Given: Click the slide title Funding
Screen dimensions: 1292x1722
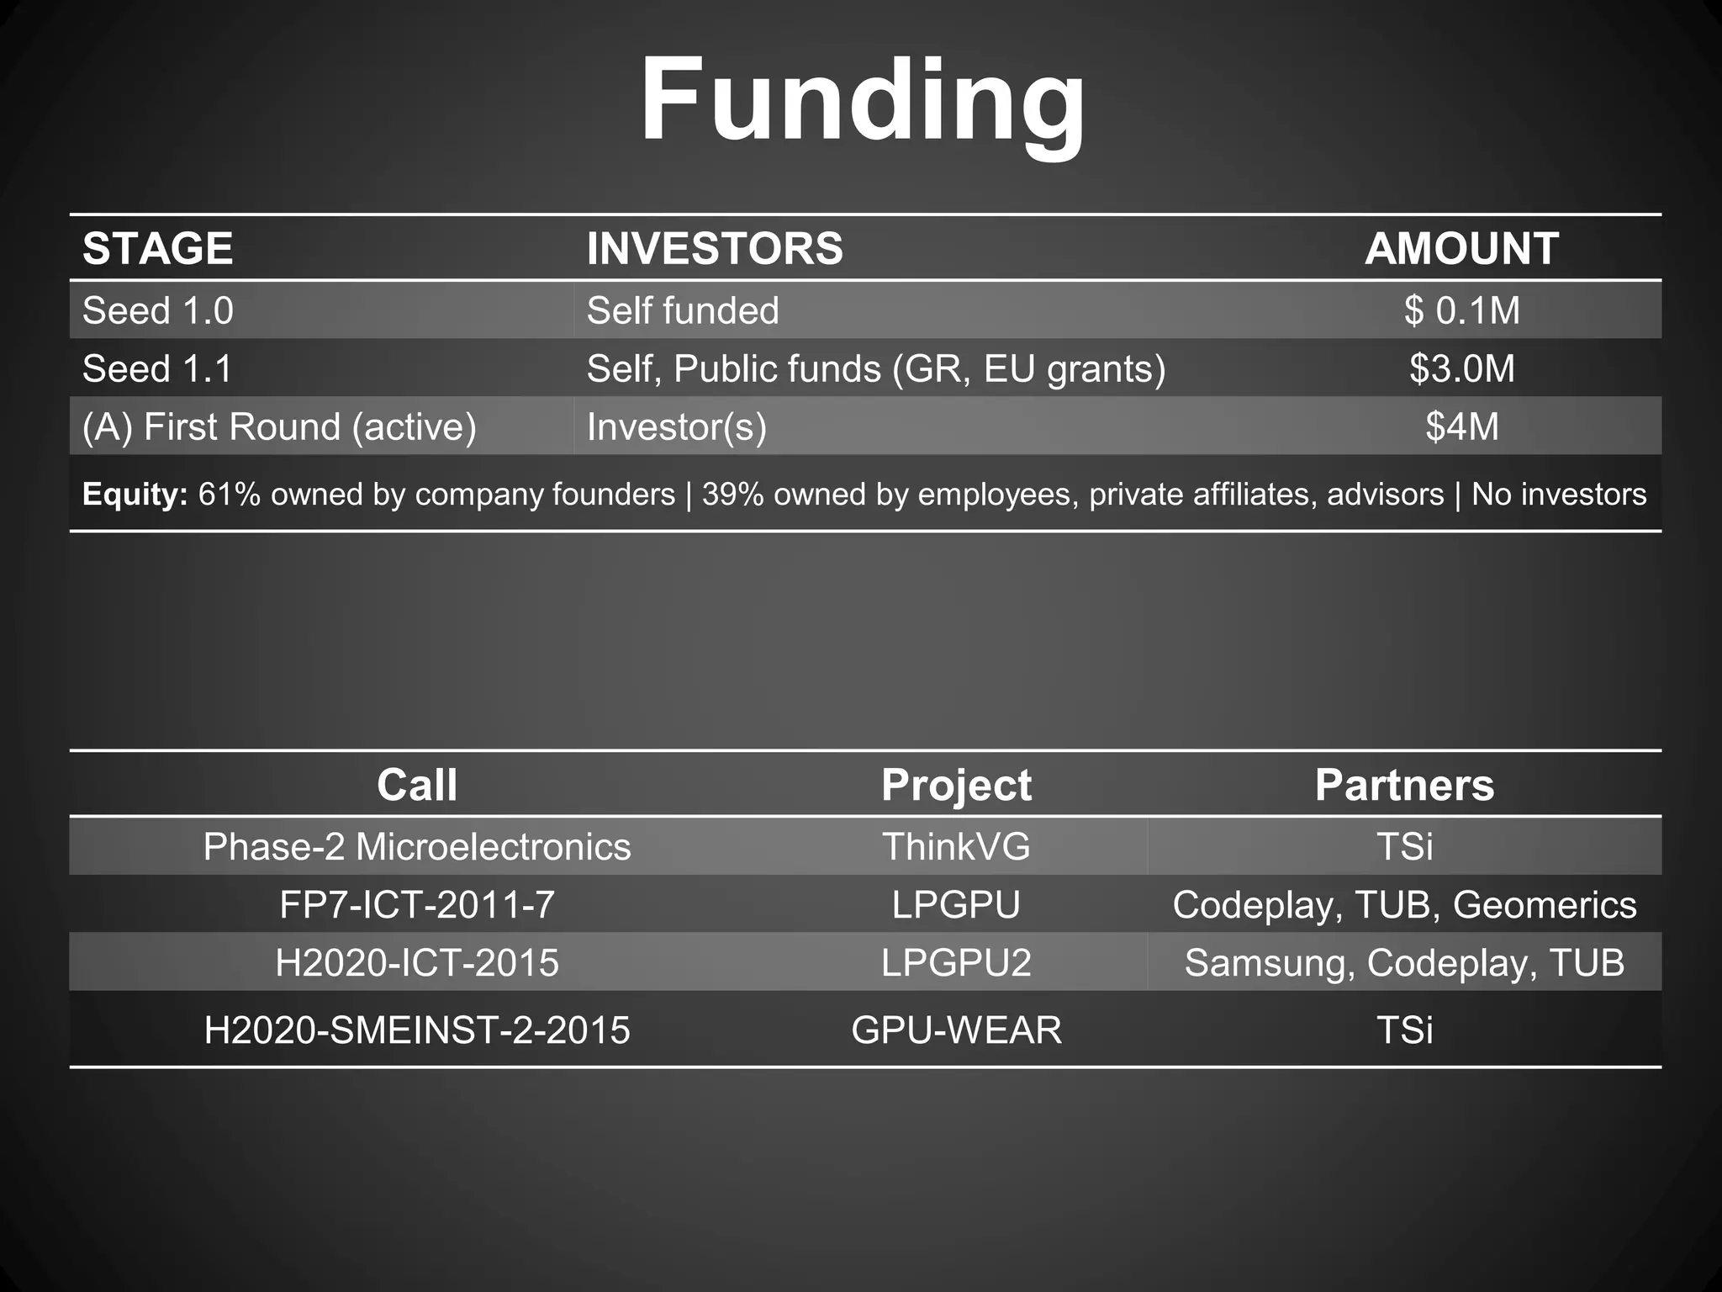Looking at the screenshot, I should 863,101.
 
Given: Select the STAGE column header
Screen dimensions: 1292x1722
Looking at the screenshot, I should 158,248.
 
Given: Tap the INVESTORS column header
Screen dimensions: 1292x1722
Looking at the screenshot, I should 715,248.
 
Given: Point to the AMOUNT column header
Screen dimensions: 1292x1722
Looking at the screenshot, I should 1461,248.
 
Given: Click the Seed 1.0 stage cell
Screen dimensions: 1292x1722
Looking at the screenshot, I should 158,310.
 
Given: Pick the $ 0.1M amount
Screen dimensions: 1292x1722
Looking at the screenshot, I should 1462,310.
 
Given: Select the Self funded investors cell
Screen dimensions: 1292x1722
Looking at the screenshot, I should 683,310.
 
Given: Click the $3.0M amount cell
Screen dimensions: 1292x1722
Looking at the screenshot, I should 1462,368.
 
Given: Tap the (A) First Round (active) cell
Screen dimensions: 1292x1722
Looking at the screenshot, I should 279,426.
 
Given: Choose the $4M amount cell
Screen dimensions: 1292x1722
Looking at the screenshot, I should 1462,426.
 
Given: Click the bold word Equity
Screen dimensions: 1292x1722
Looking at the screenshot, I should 135,494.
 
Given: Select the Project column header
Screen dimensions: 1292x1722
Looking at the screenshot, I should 956,785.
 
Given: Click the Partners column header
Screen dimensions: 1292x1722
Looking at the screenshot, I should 1404,785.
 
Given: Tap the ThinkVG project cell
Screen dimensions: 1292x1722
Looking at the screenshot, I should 956,846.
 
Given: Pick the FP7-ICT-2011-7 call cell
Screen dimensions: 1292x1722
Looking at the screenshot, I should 417,905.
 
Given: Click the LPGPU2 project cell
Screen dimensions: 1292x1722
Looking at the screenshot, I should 956,962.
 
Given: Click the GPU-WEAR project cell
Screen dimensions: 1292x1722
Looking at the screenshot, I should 956,1030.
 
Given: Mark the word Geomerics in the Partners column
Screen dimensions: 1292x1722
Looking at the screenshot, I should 1545,905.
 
